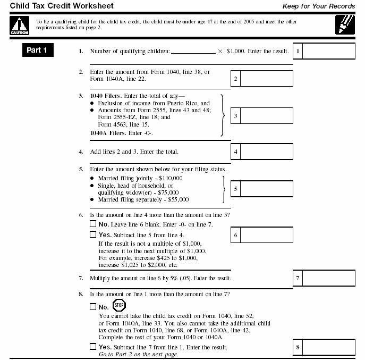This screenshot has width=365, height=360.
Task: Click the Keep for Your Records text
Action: (318, 6)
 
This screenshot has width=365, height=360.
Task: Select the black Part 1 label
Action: (37, 51)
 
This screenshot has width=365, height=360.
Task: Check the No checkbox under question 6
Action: (93, 224)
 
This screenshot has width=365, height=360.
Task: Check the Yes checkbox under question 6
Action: (93, 235)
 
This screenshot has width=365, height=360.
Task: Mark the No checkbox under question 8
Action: (93, 307)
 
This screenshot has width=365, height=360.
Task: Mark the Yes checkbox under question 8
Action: (93, 347)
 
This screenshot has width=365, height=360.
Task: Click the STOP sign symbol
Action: (118, 306)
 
